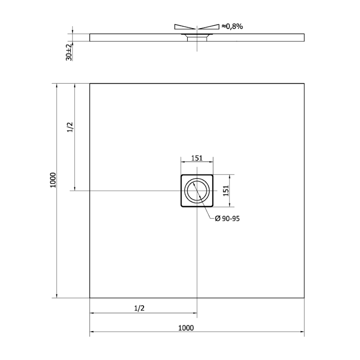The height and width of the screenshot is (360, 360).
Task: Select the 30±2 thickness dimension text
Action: [69, 52]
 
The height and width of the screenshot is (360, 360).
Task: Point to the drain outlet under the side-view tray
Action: [197, 39]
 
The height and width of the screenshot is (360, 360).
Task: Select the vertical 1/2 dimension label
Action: [70, 128]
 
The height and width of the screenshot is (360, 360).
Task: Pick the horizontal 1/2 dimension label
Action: [139, 308]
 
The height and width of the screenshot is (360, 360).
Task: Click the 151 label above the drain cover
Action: [197, 158]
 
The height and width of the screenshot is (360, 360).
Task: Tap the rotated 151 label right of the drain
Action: [227, 191]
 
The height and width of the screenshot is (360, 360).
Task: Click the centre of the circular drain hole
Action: [197, 191]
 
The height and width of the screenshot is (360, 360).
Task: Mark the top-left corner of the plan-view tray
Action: [90, 83]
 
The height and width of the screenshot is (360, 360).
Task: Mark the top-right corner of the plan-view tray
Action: [304, 83]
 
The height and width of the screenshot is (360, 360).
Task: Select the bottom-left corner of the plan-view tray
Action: [90, 298]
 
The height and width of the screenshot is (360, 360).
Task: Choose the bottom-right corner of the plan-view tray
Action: [304, 298]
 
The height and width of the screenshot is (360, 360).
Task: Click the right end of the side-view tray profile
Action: [304, 37]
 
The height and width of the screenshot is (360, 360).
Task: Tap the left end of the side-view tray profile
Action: [90, 37]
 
